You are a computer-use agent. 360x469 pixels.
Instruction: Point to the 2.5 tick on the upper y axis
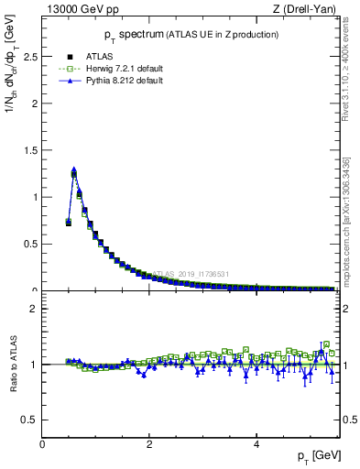pyautogui.click(x=30, y=56)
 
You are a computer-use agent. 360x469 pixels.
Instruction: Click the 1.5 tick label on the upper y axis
pyautogui.click(x=30, y=150)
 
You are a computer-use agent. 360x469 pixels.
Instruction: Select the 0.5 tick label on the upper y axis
pyautogui.click(x=30, y=244)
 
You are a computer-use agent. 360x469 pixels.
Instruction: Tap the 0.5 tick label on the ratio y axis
pyautogui.click(x=30, y=420)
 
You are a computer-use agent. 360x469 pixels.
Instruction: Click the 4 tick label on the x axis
pyautogui.click(x=256, y=444)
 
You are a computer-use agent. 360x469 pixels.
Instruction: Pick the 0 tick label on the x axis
pyautogui.click(x=42, y=444)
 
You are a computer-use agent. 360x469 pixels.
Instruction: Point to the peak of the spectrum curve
pyautogui.click(x=74, y=171)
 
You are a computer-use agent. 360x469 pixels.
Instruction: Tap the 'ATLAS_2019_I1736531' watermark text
pyautogui.click(x=192, y=273)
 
